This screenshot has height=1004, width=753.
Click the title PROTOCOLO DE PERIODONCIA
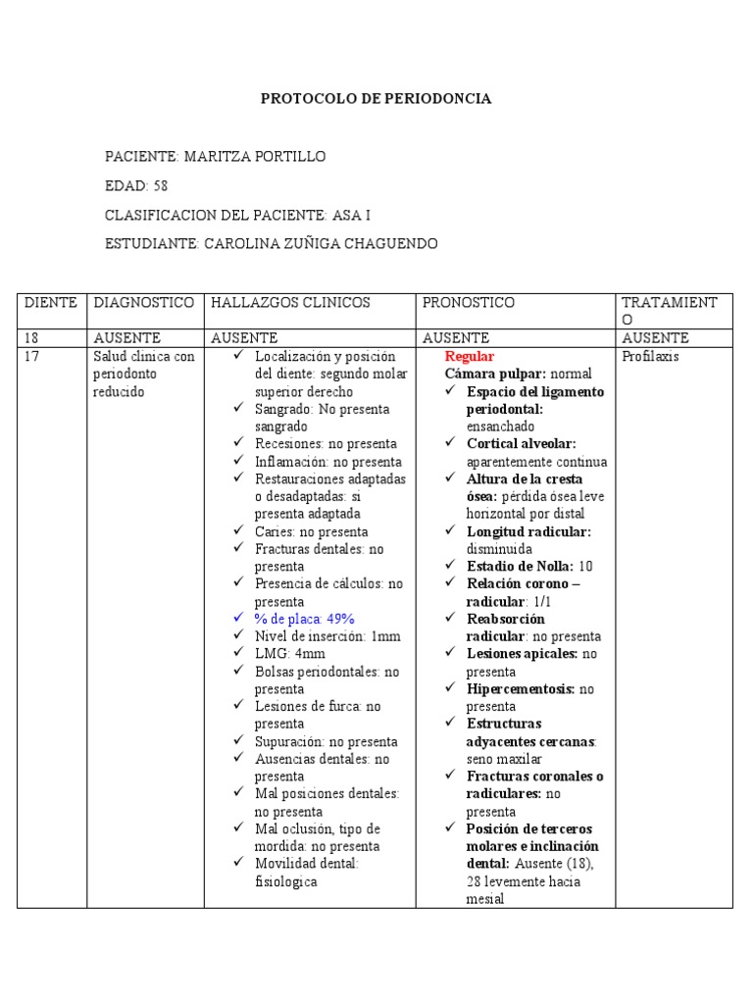click(376, 99)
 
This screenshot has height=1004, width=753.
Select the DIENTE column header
click(51, 303)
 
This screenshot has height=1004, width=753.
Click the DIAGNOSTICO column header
click(144, 303)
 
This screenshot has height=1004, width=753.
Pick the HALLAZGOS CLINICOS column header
click(290, 303)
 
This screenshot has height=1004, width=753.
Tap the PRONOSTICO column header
click(469, 303)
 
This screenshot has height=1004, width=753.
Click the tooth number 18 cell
click(32, 338)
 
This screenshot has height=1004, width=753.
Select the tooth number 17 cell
click(32, 357)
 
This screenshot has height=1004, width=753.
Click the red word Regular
click(470, 357)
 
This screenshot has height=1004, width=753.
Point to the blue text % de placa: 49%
click(304, 619)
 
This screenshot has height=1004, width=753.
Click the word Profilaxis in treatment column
click(651, 357)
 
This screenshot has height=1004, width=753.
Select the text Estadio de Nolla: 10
click(529, 566)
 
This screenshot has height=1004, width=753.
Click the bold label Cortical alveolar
click(521, 443)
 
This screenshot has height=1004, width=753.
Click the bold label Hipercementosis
click(521, 688)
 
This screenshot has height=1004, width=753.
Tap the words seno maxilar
click(504, 759)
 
